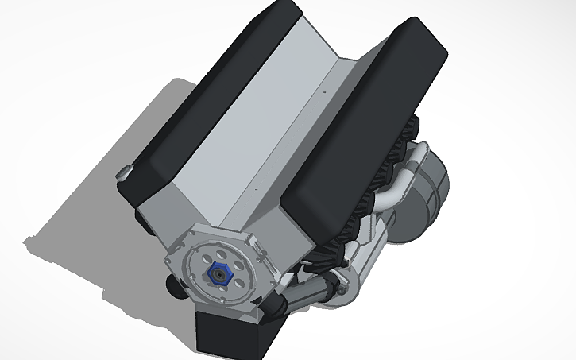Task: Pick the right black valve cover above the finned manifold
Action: click(365, 119)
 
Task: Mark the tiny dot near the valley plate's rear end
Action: click(324, 94)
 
